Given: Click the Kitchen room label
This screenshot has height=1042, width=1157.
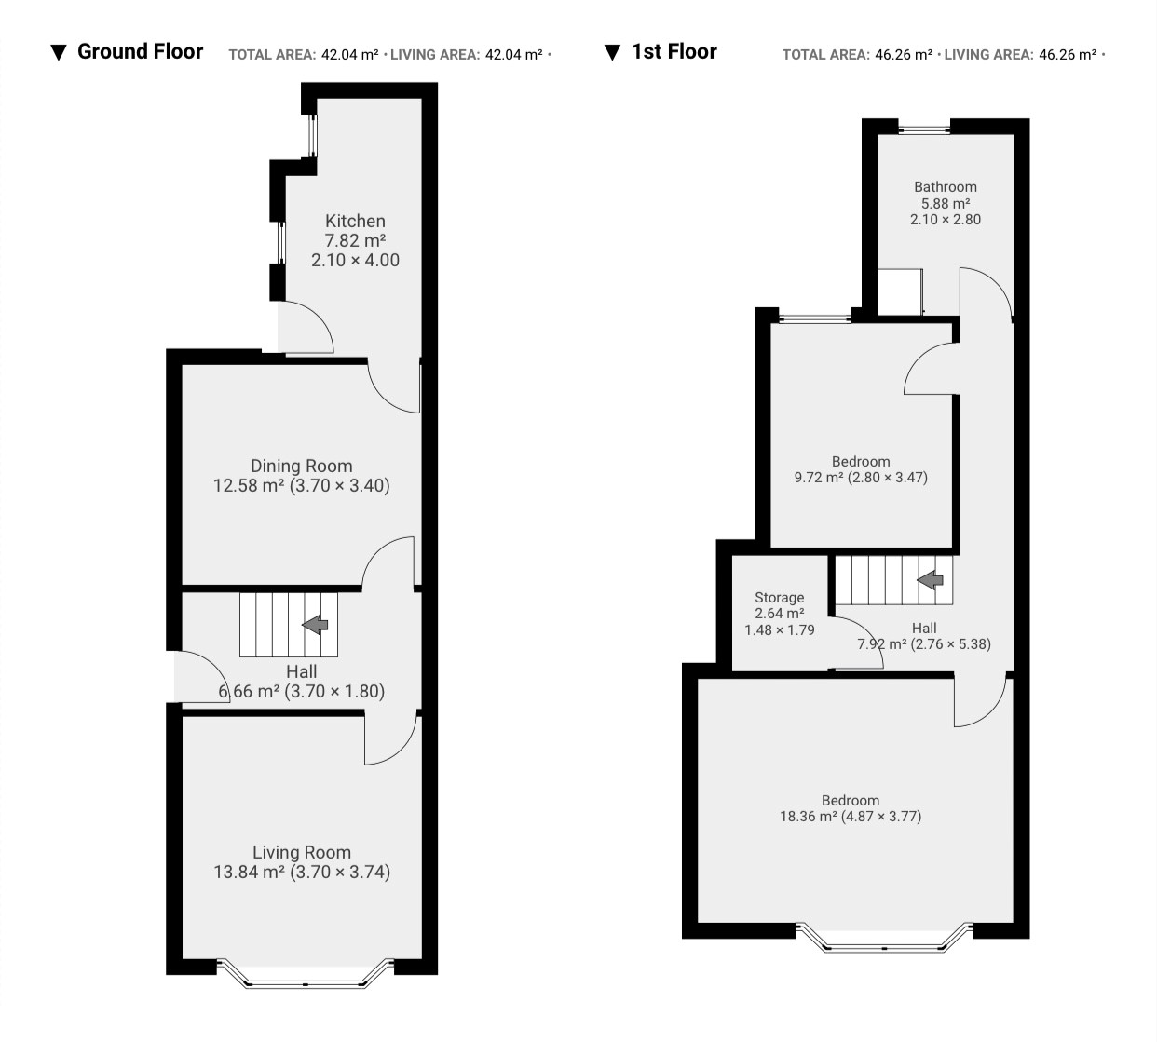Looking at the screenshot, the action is point(355,221).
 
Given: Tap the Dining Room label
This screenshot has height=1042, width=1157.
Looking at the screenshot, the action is point(301,466).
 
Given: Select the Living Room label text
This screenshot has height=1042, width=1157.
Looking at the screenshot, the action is point(302,852).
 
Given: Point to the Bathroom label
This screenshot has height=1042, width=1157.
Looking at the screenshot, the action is point(946,187).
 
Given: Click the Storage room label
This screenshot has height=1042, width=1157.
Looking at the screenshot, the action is point(779,598).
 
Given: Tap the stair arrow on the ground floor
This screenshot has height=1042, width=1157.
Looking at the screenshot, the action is point(316,625).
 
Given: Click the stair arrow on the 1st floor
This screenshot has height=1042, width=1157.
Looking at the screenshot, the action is point(930,580).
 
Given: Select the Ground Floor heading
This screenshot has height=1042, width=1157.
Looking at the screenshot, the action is point(140,51).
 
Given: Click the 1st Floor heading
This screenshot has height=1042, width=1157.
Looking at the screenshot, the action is point(674,51).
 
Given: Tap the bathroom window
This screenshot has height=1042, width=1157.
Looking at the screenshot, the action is point(924,128).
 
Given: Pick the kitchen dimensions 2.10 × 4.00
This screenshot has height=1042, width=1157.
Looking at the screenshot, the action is point(355,260).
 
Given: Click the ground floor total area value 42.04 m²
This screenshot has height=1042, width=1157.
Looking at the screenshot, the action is point(350,55).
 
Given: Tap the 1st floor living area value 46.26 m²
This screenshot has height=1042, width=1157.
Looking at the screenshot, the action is point(1068,55).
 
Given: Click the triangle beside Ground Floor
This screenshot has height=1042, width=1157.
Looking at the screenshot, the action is point(59,53).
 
